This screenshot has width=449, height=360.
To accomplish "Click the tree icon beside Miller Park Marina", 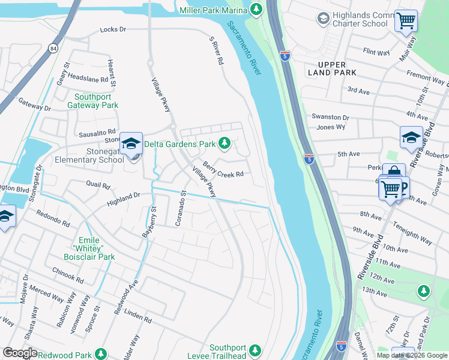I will click(x=256, y=10).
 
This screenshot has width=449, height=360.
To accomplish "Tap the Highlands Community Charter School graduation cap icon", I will click(x=324, y=19).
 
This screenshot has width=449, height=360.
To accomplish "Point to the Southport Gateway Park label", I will click(x=96, y=101).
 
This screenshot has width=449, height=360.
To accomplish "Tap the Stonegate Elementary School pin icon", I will click(x=131, y=145).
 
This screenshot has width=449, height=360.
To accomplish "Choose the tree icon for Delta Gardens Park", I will click(x=224, y=143).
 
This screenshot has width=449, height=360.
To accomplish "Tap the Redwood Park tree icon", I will click(x=101, y=353).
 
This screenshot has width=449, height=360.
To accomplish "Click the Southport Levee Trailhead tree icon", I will click(x=255, y=350).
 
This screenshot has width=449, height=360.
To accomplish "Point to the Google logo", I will click(x=20, y=352).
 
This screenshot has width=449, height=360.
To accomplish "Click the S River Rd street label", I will click(x=216, y=50).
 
